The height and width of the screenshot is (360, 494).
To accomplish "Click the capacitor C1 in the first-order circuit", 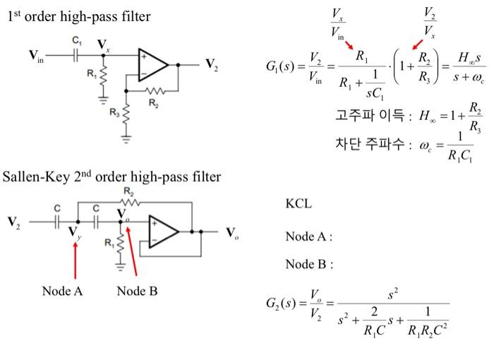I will coord(80,54).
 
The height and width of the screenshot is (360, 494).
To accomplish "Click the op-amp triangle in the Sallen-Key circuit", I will coord(162,230).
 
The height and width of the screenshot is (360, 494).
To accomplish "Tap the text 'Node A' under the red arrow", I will coord(62,291).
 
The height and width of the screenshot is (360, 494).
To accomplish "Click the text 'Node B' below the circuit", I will coord(137,291).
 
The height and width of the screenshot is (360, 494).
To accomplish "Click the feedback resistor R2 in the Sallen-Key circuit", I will coord(129,202).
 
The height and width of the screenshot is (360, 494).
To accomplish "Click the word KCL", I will coord(299,204).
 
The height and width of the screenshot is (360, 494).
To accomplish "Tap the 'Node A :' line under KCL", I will coord(308,236).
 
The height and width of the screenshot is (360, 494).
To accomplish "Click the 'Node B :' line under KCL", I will coord(308,264).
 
